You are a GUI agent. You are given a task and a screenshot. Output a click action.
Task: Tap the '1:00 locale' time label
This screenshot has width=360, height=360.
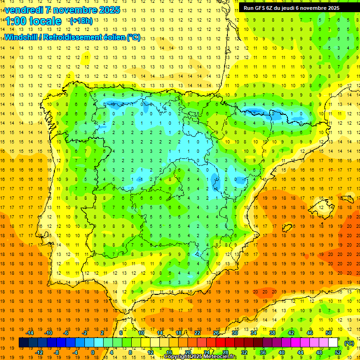tap(33, 21)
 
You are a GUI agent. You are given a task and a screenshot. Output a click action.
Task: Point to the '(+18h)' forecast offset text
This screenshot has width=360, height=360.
tap(81, 21)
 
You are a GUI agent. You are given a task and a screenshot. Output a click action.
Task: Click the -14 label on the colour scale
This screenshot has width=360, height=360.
tap(30, 332)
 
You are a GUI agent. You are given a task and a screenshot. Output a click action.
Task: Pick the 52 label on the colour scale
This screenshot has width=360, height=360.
tap(337, 352)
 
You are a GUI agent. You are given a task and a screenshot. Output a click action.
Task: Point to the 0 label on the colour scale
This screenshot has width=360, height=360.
tap(93, 352)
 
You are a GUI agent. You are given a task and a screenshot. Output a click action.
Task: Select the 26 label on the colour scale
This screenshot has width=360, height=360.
tap(216, 332)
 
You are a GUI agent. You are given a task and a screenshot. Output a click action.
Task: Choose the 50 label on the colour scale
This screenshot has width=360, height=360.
tap(328, 332)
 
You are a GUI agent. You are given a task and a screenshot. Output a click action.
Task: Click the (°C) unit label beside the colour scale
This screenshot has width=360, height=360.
tap(349, 343)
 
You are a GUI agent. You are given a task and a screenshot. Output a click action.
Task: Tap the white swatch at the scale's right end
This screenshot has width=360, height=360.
tap(333, 343)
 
